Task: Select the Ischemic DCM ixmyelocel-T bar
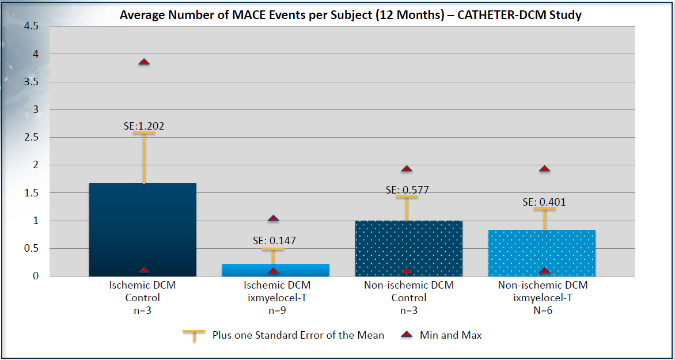tap(275, 270)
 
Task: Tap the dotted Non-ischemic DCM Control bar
tap(408, 248)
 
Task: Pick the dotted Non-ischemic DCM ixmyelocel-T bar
tap(541, 253)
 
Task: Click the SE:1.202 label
tap(143, 126)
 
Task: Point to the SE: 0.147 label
tap(274, 240)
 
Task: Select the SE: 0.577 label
tap(407, 190)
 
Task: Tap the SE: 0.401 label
tap(544, 202)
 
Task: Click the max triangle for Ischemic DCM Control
tap(144, 62)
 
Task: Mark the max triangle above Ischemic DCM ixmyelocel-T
tap(274, 218)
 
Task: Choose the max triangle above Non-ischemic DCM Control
tap(407, 169)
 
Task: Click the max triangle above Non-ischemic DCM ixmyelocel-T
tap(544, 169)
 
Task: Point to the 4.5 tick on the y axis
tap(31, 26)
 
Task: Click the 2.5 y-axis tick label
tap(31, 137)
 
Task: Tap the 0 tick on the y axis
tap(35, 276)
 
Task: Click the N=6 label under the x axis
tap(543, 310)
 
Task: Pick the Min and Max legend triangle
tap(408, 335)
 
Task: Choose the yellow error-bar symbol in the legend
tap(194, 335)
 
